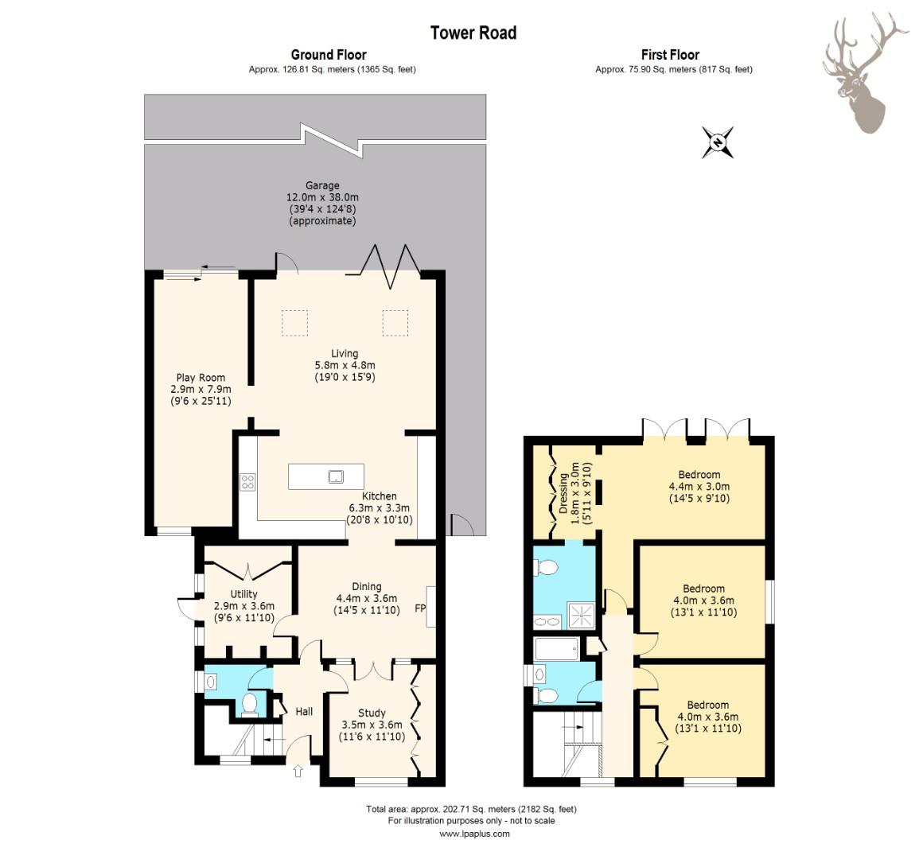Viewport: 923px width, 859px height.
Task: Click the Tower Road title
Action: [473, 33]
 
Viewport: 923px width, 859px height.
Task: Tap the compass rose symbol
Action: [718, 142]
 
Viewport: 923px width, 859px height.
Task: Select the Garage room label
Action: [322, 185]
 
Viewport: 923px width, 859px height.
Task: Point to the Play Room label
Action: [201, 378]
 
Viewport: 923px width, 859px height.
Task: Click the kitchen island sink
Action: [336, 476]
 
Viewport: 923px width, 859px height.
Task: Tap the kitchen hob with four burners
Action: [247, 482]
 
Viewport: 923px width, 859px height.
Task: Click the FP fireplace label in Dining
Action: [420, 608]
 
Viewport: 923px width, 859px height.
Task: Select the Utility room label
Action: [243, 594]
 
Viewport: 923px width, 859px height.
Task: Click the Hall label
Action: [304, 711]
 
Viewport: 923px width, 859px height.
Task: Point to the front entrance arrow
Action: [298, 771]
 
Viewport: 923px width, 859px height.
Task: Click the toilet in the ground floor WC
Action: [250, 704]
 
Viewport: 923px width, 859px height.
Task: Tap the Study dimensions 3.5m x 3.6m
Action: [372, 725]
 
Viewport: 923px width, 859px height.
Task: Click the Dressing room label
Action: [564, 493]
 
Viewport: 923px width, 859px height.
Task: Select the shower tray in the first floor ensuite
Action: [582, 616]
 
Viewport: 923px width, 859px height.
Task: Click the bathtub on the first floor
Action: [557, 649]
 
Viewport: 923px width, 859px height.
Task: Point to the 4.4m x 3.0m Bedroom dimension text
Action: [699, 487]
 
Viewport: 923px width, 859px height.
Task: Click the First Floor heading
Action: [670, 56]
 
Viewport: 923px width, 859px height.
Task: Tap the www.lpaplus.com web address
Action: [474, 834]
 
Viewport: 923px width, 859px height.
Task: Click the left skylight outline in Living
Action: [295, 323]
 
